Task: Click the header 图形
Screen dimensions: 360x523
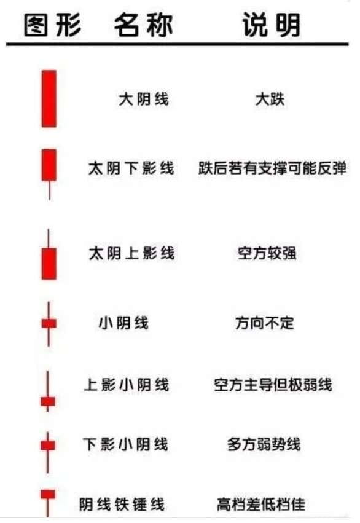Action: point(53,25)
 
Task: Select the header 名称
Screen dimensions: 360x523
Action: point(143,25)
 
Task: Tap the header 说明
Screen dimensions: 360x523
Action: point(272,25)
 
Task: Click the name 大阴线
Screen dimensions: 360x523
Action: point(144,100)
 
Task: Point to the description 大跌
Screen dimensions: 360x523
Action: point(270,100)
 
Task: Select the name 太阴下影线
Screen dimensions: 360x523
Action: point(131,168)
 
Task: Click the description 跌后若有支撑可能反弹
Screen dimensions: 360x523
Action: point(272,168)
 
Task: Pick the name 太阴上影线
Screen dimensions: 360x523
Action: point(131,253)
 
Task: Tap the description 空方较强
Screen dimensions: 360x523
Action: point(267,253)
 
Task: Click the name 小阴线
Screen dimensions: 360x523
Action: point(123,323)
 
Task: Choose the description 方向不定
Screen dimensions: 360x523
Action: point(265,323)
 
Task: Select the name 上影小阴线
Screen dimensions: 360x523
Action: point(127,385)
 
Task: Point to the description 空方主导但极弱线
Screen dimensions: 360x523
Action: point(273,385)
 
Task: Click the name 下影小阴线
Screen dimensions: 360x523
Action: point(125,444)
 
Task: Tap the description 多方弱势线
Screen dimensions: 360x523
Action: point(264,444)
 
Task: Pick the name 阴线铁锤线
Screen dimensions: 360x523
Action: point(122,504)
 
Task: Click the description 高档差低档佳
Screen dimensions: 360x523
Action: point(261,504)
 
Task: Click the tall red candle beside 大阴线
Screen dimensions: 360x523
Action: point(49,99)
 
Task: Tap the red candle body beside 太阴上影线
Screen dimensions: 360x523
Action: point(49,264)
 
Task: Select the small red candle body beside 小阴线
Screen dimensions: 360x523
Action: point(49,323)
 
